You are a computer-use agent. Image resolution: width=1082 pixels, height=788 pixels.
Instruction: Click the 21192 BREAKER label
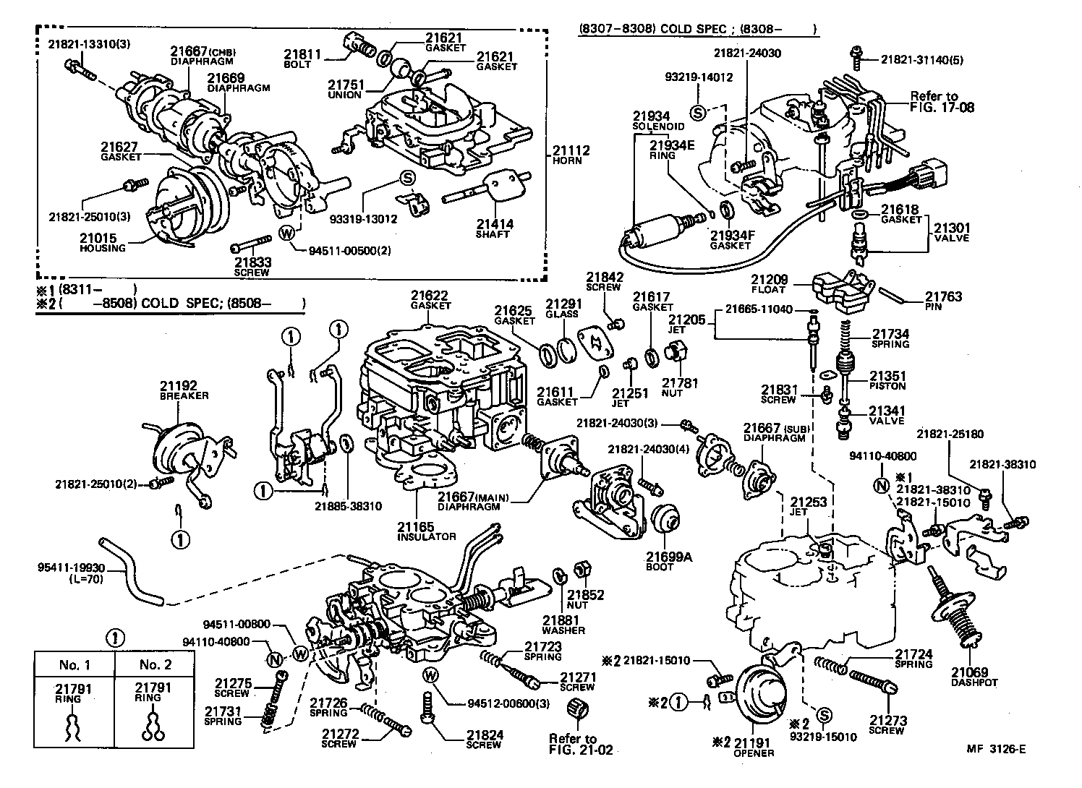[x=184, y=390]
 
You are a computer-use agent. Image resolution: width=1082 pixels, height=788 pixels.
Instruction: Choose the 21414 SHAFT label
[x=494, y=228]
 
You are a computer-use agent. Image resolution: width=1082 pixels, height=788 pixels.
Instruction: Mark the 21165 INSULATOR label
[x=426, y=531]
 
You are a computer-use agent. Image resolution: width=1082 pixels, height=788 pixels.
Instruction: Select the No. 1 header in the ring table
[x=74, y=664]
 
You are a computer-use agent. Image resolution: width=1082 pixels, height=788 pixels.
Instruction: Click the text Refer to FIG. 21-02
[x=580, y=744]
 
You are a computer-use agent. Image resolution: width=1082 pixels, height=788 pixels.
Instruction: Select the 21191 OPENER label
[x=753, y=747]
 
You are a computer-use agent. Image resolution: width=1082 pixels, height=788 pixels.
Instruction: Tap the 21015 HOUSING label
[x=102, y=242]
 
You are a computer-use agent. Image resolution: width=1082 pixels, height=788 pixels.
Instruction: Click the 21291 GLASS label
[x=562, y=309]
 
